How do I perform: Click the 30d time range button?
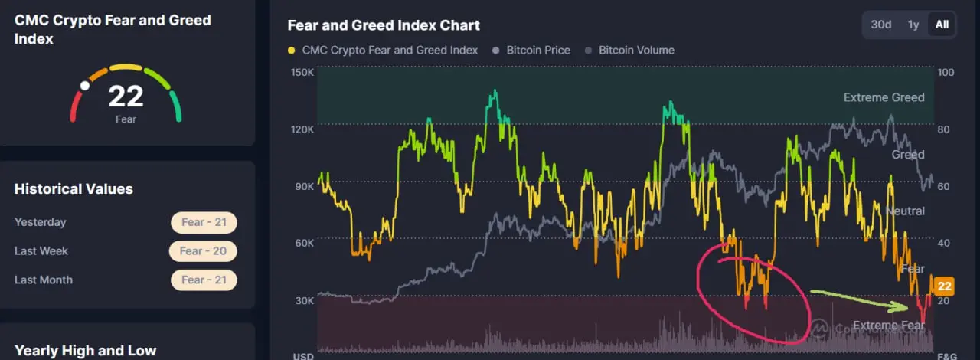pyautogui.click(x=881, y=25)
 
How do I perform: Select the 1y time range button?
pyautogui.click(x=913, y=25)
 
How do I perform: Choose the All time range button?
pyautogui.click(x=942, y=25)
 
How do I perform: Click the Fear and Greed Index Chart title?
pyautogui.click(x=384, y=25)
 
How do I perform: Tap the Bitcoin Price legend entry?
pyautogui.click(x=538, y=51)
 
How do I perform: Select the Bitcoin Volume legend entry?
pyautogui.click(x=636, y=51)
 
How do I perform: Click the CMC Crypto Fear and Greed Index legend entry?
pyautogui.click(x=390, y=51)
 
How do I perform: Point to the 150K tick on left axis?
pyautogui.click(x=302, y=72)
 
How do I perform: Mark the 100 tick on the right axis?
pyautogui.click(x=945, y=72)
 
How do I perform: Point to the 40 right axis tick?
pyautogui.click(x=944, y=243)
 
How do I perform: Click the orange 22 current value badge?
pyautogui.click(x=945, y=286)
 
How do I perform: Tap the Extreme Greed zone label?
pyautogui.click(x=884, y=97)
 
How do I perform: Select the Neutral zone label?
pyautogui.click(x=905, y=211)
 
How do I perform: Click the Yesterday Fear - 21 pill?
pyautogui.click(x=204, y=222)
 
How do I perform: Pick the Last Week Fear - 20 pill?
pyautogui.click(x=203, y=250)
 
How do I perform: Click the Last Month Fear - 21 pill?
pyautogui.click(x=204, y=280)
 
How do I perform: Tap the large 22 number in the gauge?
pyautogui.click(x=126, y=97)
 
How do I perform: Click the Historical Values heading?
pyautogui.click(x=73, y=188)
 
